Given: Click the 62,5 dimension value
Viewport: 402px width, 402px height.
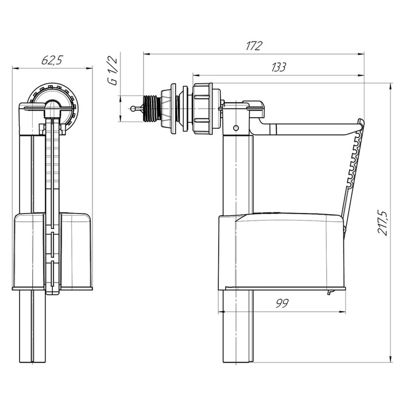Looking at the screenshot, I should click(52, 59).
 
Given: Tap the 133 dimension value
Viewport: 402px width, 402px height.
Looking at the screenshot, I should click(279, 67).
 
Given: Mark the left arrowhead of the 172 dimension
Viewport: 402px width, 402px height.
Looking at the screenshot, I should click(145, 55).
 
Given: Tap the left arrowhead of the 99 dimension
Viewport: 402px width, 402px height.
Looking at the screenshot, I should click(222, 312).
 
